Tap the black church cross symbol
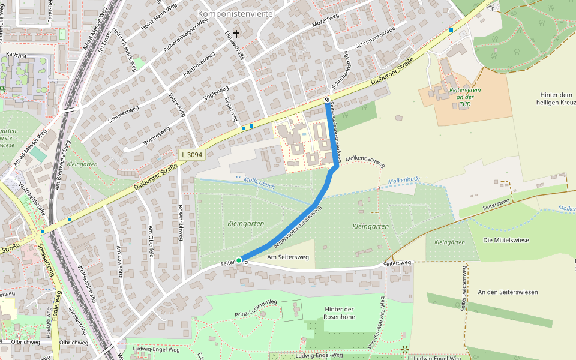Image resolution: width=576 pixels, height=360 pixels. tap(236, 34)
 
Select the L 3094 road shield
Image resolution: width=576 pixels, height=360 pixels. tap(192, 155)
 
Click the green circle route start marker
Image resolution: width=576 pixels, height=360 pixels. tap(239, 260)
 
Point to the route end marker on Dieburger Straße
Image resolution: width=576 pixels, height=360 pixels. tap(327, 100)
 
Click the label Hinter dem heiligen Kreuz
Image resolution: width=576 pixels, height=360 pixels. tap(556, 99)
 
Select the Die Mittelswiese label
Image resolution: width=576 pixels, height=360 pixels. tap(505, 240)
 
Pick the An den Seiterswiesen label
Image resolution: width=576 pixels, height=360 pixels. tap(508, 292)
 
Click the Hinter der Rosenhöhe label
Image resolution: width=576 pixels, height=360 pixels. tap(339, 313)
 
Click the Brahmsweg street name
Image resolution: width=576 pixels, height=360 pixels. tap(157, 136)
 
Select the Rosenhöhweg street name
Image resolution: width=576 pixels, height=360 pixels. tap(180, 223)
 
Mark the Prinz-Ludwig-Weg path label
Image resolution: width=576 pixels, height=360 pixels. tap(256, 308)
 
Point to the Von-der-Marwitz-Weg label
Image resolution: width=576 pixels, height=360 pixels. tap(379, 327)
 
